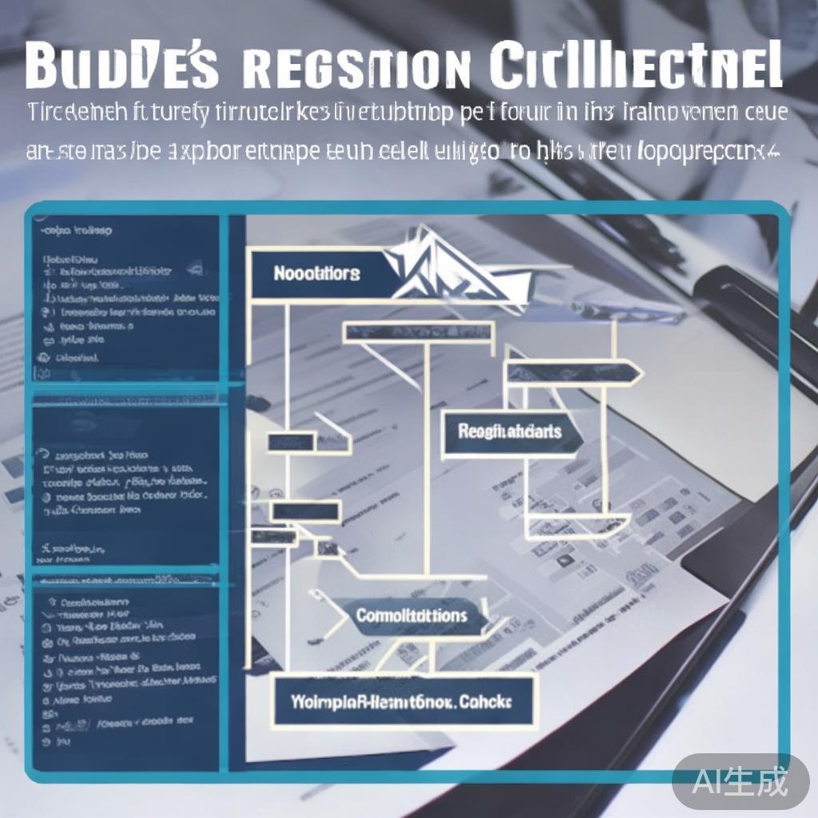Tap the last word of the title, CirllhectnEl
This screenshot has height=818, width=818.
click(x=635, y=66)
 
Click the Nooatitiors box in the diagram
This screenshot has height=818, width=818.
click(x=317, y=274)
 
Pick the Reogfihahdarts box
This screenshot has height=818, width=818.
click(x=510, y=432)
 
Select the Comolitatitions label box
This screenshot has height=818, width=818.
click(x=411, y=616)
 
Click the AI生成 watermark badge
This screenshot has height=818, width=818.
click(x=741, y=780)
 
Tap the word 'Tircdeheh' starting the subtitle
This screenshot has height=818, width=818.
click(x=73, y=111)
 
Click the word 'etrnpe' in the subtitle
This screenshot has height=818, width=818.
click(x=286, y=151)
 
